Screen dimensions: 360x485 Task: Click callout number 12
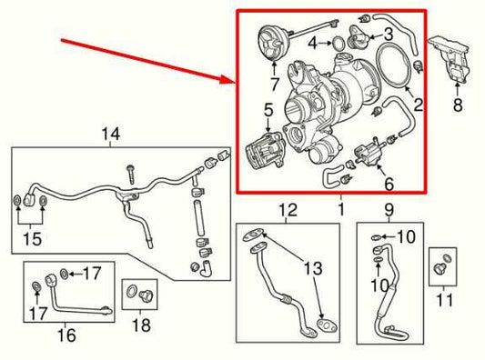[x=288, y=210]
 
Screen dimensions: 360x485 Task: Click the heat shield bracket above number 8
[x=453, y=61]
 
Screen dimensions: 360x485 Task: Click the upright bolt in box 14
[x=129, y=170]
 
